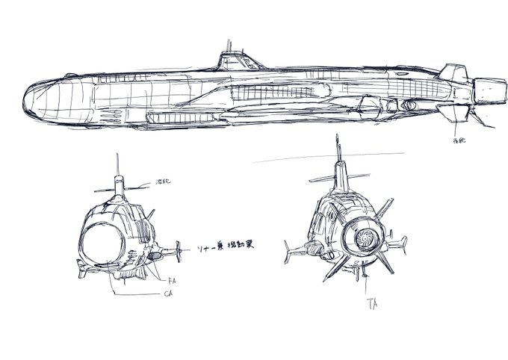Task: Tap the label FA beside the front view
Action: pyautogui.click(x=172, y=281)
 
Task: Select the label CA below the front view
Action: pyautogui.click(x=171, y=294)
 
